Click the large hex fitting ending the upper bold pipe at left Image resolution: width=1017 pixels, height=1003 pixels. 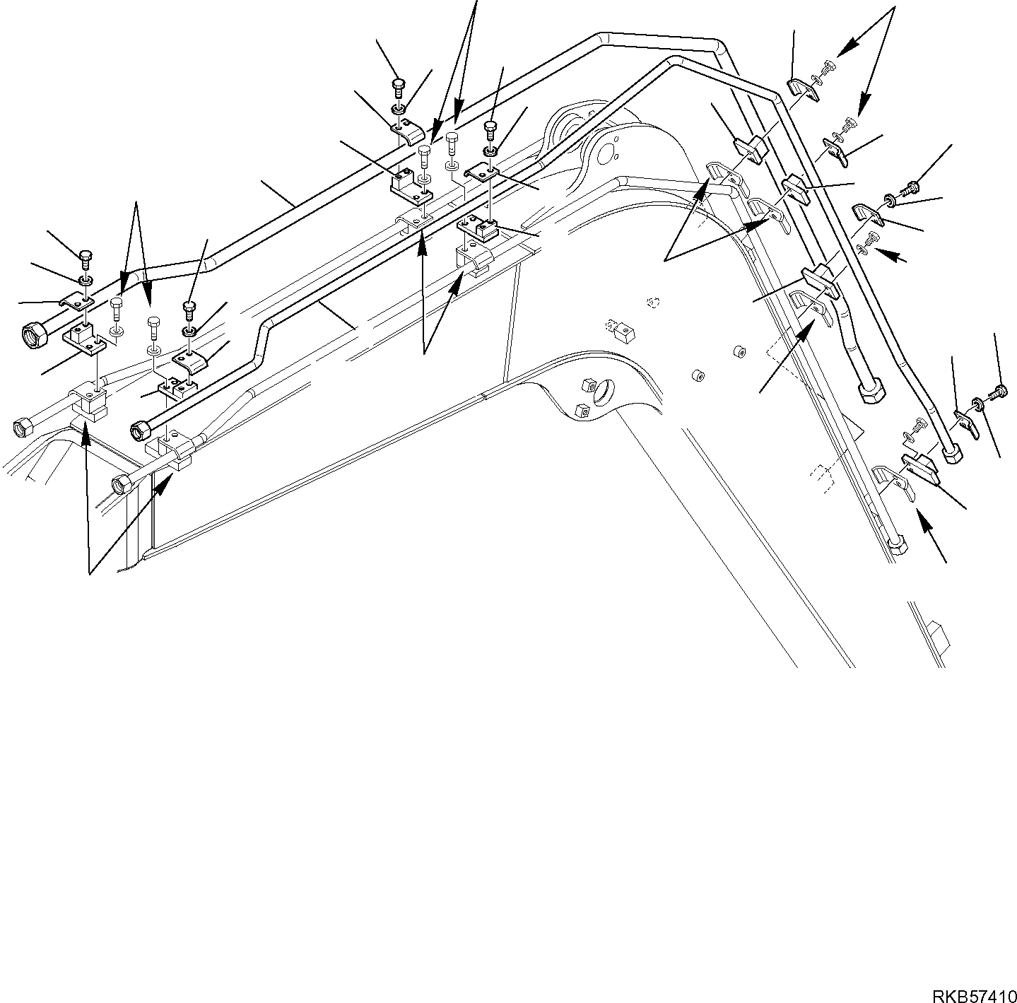pos(32,332)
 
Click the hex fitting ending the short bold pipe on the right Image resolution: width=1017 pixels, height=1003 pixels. pos(870,391)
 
